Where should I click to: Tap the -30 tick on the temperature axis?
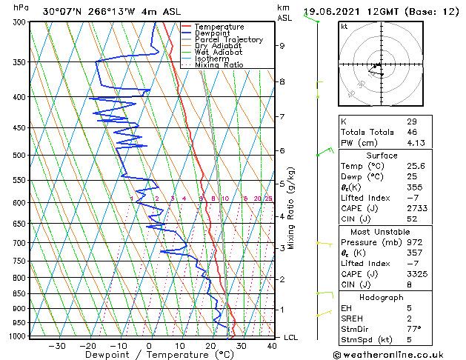coord(57,346)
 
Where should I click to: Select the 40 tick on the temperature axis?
coord(273,346)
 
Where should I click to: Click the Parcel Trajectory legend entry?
coord(228,40)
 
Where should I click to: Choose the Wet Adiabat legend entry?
coord(218,53)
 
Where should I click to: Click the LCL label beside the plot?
coord(292,338)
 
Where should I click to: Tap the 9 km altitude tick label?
coord(282,46)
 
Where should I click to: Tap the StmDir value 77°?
coord(413,330)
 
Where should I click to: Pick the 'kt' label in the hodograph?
coord(344,26)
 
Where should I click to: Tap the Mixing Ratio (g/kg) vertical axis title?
coord(291,208)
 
